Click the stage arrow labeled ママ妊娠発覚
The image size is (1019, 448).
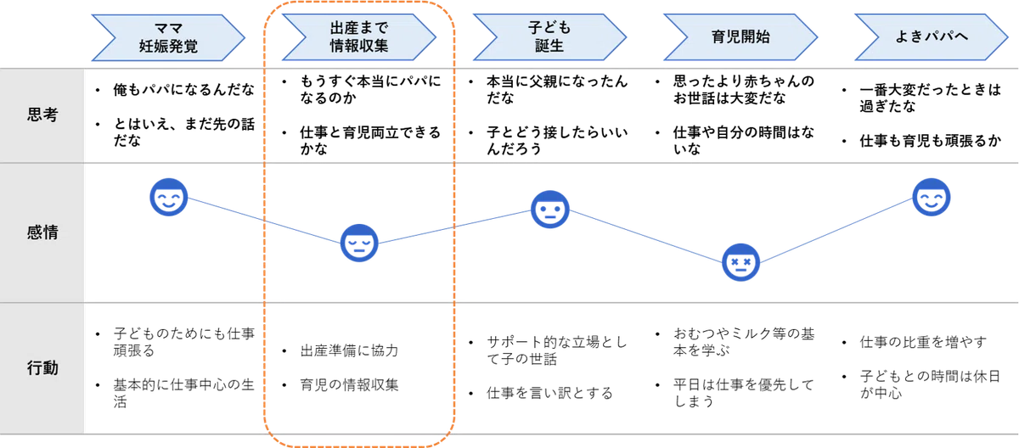click(168, 37)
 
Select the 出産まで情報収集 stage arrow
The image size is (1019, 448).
click(359, 36)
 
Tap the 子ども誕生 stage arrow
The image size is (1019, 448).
click(549, 36)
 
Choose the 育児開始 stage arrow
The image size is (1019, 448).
click(740, 36)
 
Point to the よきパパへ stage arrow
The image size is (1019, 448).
click(932, 36)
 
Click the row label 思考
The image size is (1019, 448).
click(42, 115)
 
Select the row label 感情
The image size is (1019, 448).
click(42, 232)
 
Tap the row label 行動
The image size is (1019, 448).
click(42, 367)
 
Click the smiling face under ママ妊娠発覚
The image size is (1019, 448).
click(169, 197)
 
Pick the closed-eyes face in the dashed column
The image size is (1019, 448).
click(359, 243)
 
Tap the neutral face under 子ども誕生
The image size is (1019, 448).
click(550, 210)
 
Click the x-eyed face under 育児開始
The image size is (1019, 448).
click(740, 263)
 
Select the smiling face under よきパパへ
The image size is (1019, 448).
click(932, 197)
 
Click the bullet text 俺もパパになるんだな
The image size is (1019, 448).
click(183, 90)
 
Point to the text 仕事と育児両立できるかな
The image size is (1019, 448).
click(370, 140)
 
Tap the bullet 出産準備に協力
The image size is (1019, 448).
click(349, 350)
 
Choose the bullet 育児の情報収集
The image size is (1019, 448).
click(349, 385)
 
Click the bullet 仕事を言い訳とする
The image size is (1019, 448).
click(549, 393)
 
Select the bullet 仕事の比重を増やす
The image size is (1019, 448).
click(923, 342)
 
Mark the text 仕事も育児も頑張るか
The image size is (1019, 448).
click(931, 142)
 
